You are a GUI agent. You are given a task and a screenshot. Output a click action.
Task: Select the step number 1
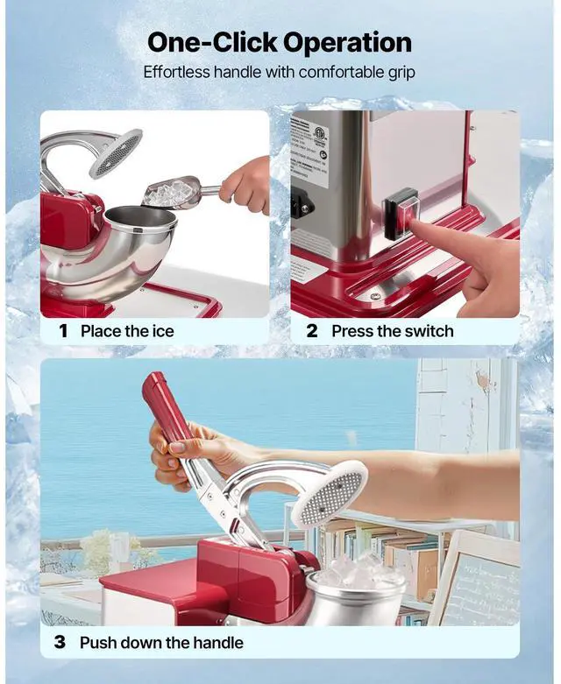[x=63, y=331]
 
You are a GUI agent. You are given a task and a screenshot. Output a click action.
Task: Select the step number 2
[x=312, y=331]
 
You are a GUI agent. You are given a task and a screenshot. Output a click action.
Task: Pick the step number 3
[x=60, y=642]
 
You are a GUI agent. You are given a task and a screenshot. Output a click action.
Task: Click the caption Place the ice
[x=127, y=331]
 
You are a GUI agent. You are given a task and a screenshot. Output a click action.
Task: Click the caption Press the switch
[x=392, y=331]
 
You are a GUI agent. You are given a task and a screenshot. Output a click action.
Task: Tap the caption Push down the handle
[x=161, y=642]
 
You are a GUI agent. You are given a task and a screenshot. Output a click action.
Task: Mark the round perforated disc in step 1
[x=116, y=153]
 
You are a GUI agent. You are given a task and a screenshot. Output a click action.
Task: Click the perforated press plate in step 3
[x=330, y=494]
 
